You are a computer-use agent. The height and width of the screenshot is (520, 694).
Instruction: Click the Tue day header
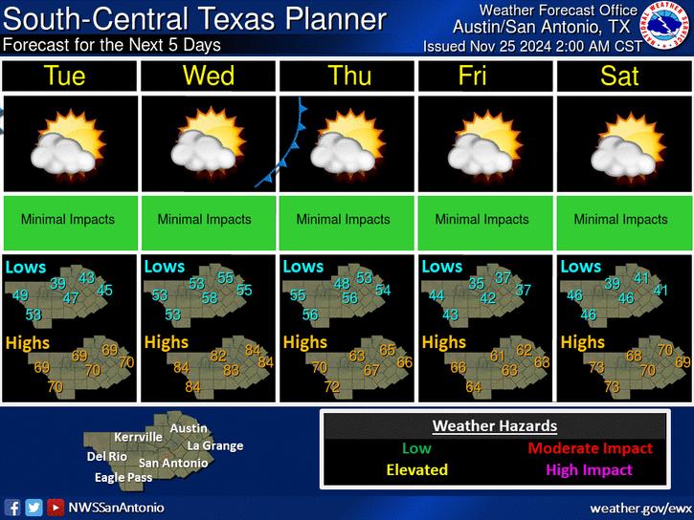pos(70,76)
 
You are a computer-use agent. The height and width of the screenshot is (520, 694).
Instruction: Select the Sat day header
pos(620,76)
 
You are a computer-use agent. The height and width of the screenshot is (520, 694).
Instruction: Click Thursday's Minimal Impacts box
pos(344,220)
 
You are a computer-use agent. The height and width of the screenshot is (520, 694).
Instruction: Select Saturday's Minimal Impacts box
pos(620,220)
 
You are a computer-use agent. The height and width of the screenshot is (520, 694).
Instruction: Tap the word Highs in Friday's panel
pos(444,341)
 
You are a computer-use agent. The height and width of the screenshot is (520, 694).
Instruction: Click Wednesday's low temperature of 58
pos(210,298)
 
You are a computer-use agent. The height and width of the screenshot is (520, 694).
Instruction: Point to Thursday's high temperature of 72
pos(331,386)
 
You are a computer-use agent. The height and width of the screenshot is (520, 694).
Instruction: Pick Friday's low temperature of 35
pos(476,283)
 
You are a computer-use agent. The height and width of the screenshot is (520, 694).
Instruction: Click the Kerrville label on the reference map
pos(138,437)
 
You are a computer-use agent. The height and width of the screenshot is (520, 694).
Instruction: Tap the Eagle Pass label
pos(123,477)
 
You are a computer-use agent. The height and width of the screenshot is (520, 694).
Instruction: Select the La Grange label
pos(215,445)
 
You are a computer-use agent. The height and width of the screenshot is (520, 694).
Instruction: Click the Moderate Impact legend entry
pos(590,448)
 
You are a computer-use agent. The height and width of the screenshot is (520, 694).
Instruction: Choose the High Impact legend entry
pos(591,469)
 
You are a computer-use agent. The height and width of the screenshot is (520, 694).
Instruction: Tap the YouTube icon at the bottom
pos(56,507)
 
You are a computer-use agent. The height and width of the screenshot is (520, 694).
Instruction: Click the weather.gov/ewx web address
pos(640,507)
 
